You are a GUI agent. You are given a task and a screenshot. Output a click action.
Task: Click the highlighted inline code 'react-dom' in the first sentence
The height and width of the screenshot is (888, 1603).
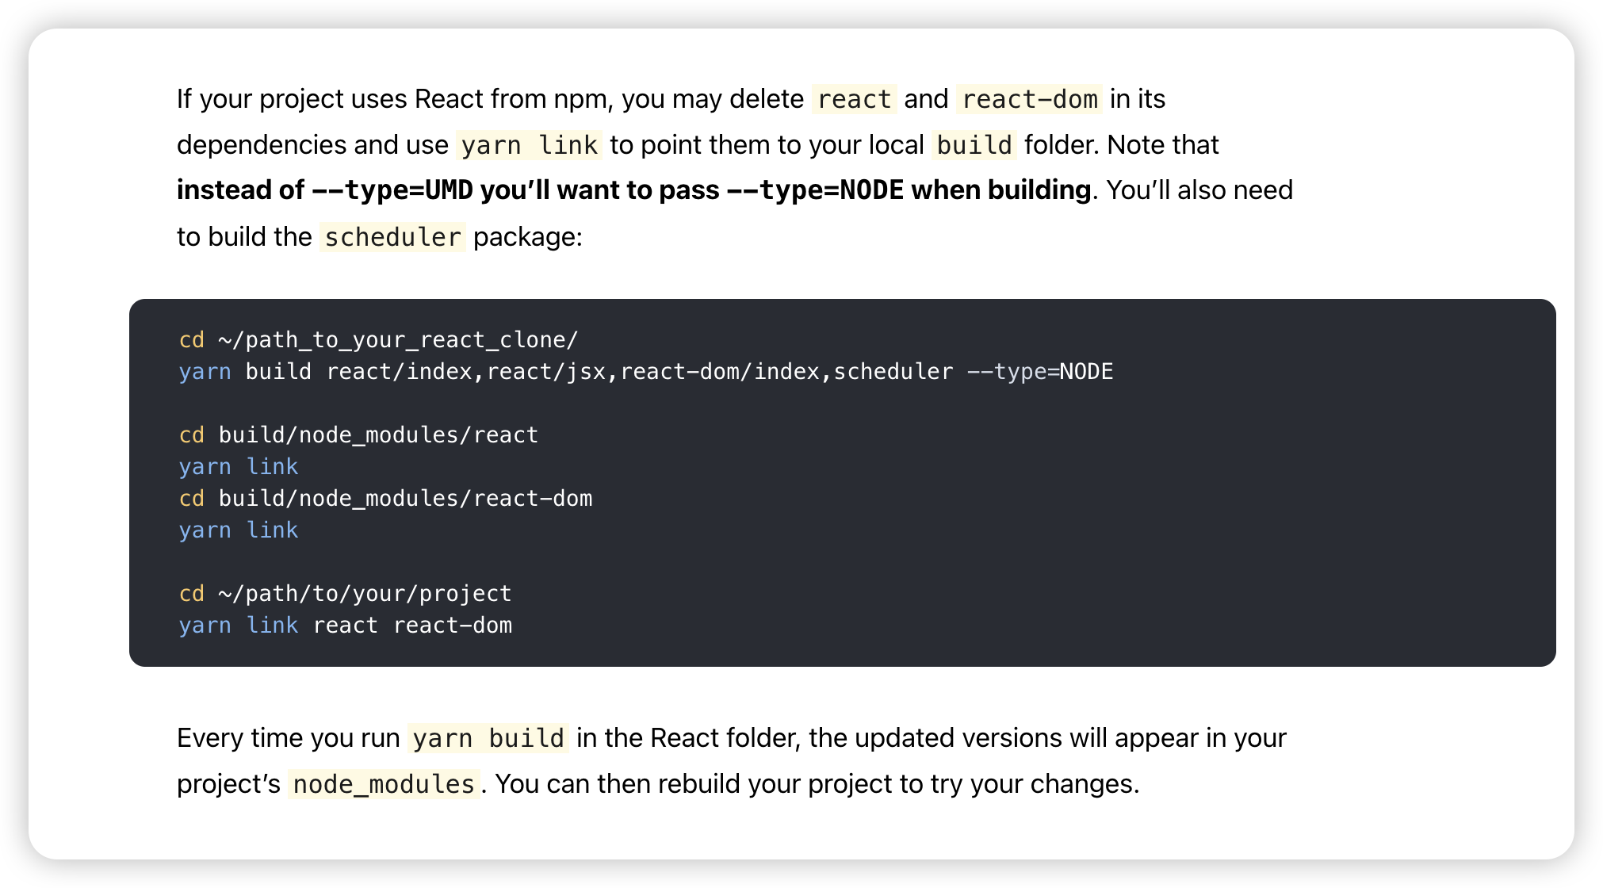[x=1029, y=99]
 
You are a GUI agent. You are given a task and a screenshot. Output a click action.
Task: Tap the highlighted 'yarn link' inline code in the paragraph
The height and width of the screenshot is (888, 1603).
[x=529, y=145]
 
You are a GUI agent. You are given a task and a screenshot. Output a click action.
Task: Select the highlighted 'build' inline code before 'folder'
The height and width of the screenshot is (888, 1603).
[x=974, y=145]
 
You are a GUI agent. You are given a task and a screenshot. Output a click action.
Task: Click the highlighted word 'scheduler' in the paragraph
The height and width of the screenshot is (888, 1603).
[x=392, y=237]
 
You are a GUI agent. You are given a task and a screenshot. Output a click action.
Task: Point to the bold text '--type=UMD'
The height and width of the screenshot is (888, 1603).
[x=392, y=190]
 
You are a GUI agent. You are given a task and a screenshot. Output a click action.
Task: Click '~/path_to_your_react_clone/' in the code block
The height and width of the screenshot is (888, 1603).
[x=398, y=340]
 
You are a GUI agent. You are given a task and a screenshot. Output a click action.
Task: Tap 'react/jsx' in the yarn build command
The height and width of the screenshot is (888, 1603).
[x=546, y=372]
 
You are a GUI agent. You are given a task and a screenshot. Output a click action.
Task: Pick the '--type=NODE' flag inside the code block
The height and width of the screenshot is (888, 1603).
[x=1040, y=372]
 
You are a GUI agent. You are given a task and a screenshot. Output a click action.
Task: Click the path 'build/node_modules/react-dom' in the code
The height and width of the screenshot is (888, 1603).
[x=405, y=499]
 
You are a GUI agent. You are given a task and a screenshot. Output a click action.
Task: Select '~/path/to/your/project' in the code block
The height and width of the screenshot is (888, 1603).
[x=365, y=594]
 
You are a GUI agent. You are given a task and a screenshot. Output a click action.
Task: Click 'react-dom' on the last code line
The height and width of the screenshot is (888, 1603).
[x=453, y=626]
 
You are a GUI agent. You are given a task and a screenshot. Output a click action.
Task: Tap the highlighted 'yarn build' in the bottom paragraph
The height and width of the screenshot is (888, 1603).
[x=488, y=738]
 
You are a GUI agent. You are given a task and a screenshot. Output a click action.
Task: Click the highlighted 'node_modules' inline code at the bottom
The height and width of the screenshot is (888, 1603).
[x=384, y=784]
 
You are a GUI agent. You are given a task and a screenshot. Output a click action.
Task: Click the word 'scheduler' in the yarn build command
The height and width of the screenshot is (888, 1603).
[x=893, y=372]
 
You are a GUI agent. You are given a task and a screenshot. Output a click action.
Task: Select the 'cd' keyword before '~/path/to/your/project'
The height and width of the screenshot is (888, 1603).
[x=192, y=594]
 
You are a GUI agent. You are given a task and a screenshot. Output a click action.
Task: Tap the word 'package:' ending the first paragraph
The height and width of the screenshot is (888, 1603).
[x=528, y=237]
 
